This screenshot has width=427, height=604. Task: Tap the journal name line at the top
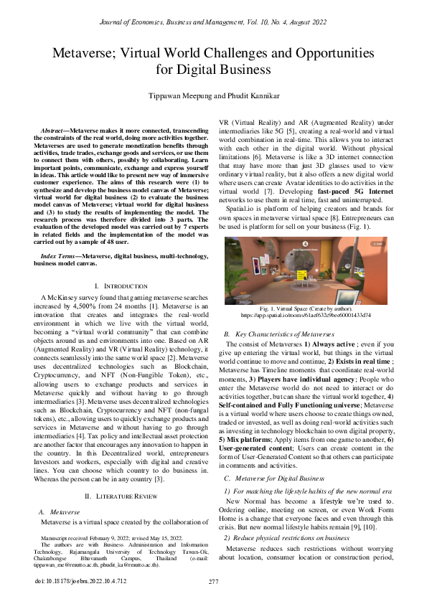[213, 9]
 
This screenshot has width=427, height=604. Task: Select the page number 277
[213, 581]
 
